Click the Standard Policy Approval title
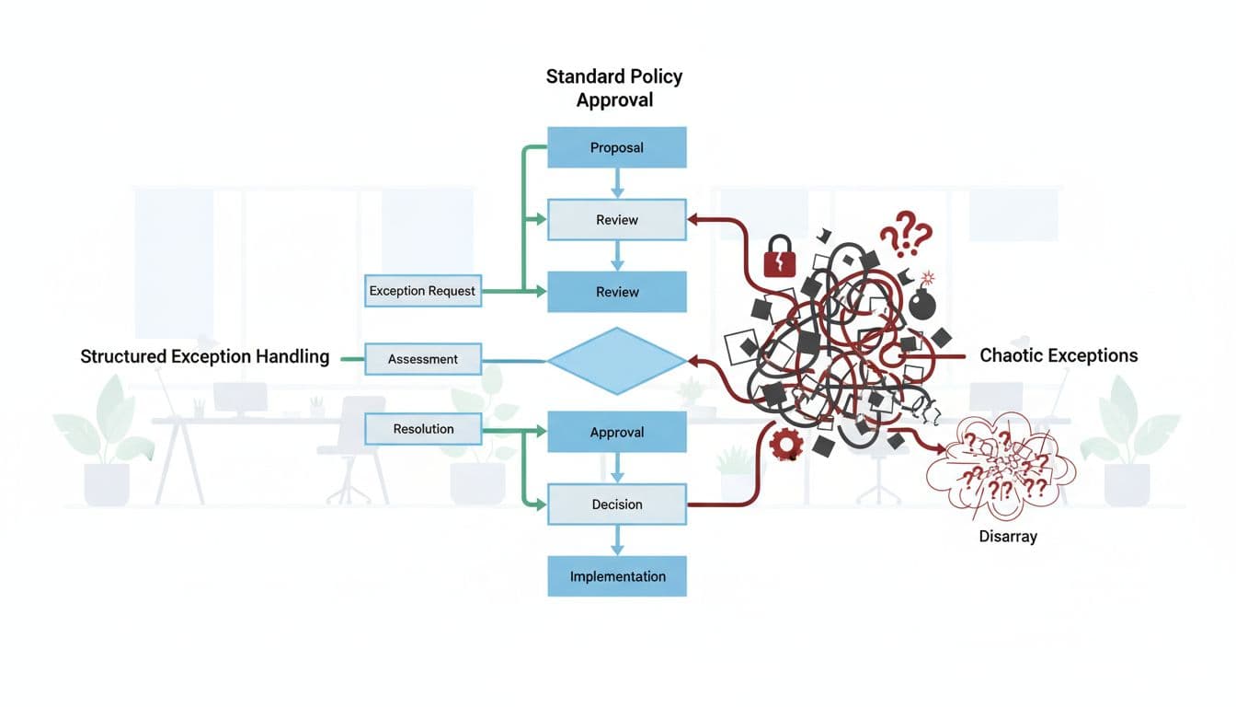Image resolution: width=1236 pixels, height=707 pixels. tap(614, 87)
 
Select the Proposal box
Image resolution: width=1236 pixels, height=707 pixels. tap(617, 147)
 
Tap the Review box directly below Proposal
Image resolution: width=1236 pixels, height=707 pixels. tap(617, 220)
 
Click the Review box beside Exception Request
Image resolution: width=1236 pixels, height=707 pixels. tap(617, 292)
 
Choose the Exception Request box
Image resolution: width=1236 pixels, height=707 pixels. tap(422, 291)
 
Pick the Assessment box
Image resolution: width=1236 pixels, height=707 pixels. tap(423, 359)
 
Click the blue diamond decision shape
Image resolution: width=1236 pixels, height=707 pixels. tap(617, 361)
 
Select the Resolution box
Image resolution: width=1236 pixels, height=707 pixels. tap(423, 429)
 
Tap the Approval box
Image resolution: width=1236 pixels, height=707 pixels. tap(617, 433)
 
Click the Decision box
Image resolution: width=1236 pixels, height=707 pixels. tap(617, 504)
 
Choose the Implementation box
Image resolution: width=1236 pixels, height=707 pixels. tap(617, 576)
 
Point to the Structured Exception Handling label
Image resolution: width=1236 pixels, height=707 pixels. tap(205, 357)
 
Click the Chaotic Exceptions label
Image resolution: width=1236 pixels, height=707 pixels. tap(1059, 355)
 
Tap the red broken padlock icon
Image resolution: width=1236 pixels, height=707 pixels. tap(780, 256)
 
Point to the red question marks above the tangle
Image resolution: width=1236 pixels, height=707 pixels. tap(905, 233)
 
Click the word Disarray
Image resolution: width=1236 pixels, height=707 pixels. tap(1008, 536)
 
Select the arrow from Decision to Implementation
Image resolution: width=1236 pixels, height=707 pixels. tap(617, 539)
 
